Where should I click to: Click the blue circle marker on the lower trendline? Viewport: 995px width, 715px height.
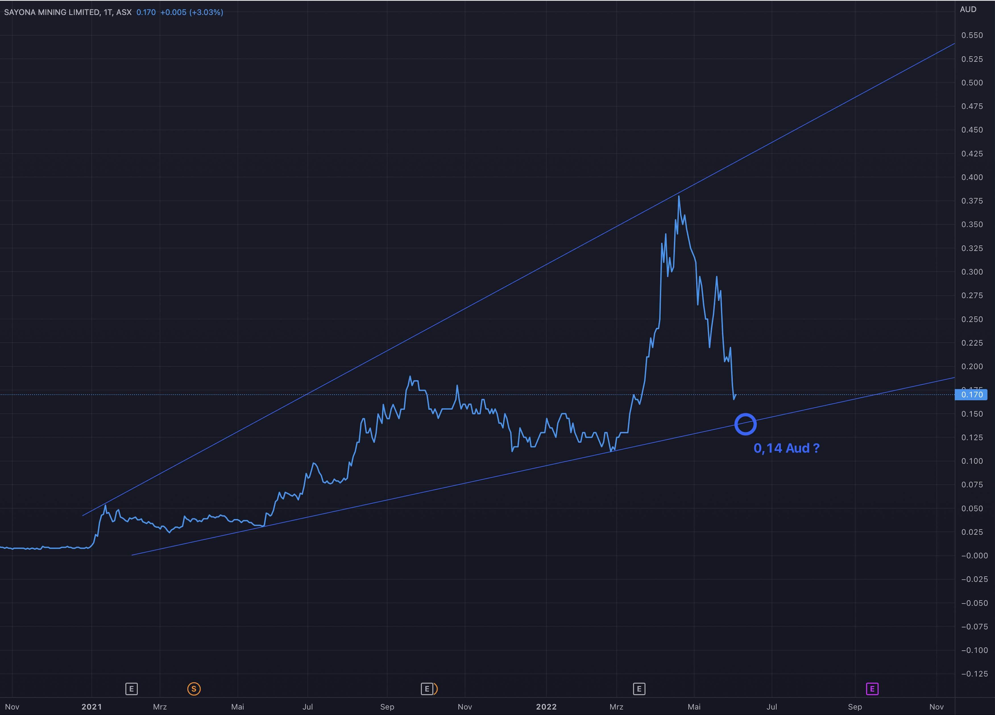(x=745, y=424)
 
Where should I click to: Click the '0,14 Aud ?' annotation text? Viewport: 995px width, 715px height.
(x=786, y=448)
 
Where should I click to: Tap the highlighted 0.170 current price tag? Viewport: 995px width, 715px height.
(x=971, y=395)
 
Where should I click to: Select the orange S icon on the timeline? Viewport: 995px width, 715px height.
(x=194, y=689)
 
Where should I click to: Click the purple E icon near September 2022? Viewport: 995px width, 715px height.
(x=872, y=689)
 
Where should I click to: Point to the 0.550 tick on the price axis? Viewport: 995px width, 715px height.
(x=972, y=35)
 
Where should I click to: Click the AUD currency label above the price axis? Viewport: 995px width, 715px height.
(x=968, y=9)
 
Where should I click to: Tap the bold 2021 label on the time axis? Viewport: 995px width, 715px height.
(x=92, y=707)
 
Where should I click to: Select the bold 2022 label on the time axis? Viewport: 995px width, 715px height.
(x=546, y=707)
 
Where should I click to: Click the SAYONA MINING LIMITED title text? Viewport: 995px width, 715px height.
(x=52, y=12)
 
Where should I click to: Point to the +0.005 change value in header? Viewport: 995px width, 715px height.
(x=173, y=12)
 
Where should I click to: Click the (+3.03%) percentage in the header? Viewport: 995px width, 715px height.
(x=206, y=12)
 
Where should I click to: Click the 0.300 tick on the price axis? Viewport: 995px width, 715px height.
(x=972, y=272)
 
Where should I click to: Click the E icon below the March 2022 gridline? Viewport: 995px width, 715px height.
(x=639, y=689)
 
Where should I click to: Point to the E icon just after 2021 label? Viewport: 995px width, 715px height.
(x=131, y=689)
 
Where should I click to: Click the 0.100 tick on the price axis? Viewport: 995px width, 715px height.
(x=972, y=461)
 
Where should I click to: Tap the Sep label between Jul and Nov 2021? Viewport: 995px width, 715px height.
(x=387, y=707)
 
